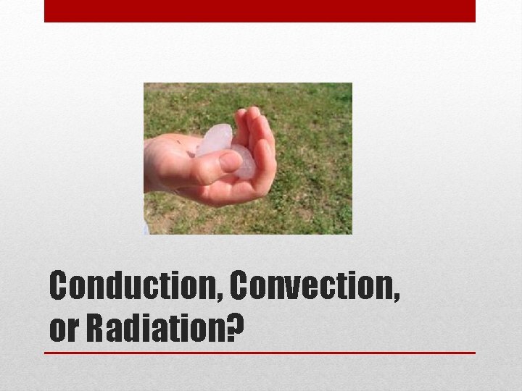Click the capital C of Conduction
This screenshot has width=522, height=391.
[x=60, y=287]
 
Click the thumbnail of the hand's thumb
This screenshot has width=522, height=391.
[x=230, y=161]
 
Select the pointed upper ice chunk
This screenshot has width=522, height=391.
[x=214, y=138]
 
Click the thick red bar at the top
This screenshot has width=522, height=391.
[x=260, y=11]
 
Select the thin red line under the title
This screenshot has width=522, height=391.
[x=260, y=353]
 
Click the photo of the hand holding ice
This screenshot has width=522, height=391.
[x=247, y=158]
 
